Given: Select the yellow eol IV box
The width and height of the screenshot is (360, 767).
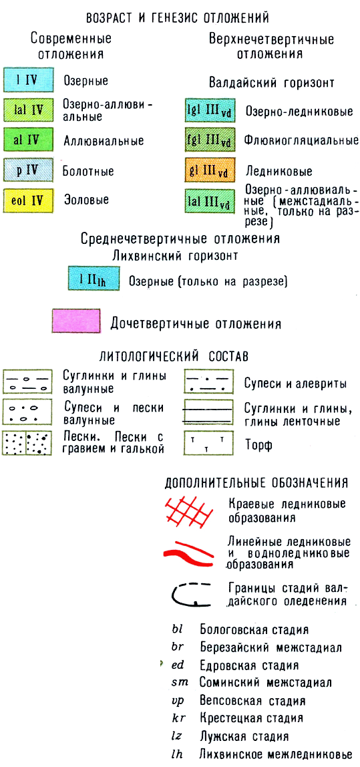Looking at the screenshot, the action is pyautogui.click(x=27, y=200).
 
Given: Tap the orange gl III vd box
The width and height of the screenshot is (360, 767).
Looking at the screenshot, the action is pyautogui.click(x=208, y=171).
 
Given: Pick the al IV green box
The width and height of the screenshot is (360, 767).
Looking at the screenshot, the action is pyautogui.click(x=27, y=140).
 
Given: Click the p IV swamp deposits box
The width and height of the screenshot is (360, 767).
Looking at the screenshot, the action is pyautogui.click(x=27, y=171).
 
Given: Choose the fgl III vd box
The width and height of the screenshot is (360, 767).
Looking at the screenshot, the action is pyautogui.click(x=208, y=142).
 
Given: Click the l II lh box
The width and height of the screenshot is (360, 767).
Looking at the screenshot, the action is pyautogui.click(x=94, y=279).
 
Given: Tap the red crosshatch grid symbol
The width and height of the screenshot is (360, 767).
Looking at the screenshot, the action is pyautogui.click(x=189, y=510).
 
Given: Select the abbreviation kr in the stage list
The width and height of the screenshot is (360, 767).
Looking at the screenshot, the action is pyautogui.click(x=178, y=718).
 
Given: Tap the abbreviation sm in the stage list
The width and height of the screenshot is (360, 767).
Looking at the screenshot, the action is pyautogui.click(x=180, y=682).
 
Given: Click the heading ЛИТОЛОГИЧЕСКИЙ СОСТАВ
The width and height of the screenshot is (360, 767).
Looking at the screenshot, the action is pyautogui.click(x=180, y=356).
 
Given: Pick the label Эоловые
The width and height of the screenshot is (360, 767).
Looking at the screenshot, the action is pyautogui.click(x=86, y=200).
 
